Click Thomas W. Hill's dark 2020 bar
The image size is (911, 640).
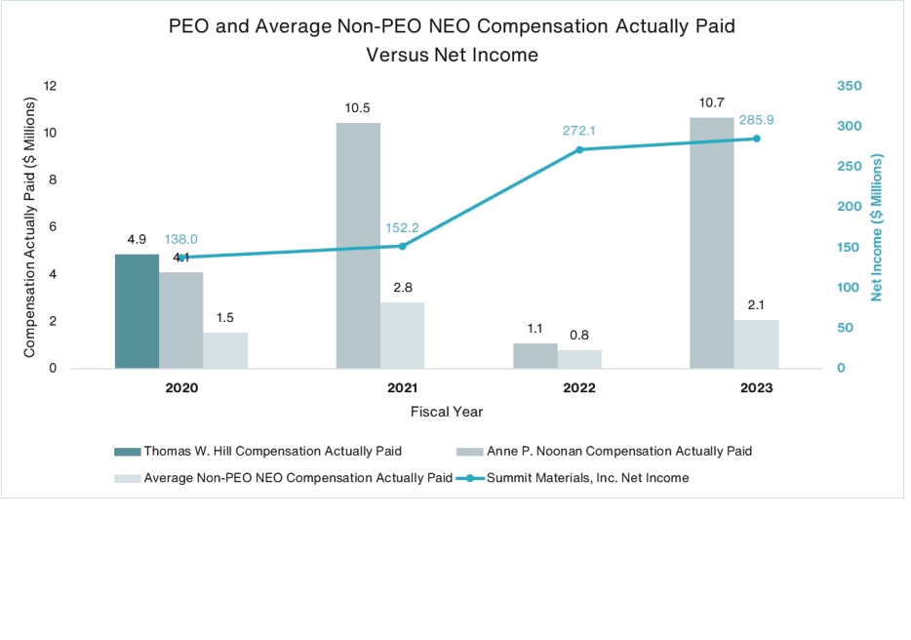coord(137,311)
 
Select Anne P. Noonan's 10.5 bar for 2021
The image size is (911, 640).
coord(358,245)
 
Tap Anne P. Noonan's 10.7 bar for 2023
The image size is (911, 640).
coord(711,243)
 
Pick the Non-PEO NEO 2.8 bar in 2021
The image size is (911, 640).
coord(402,336)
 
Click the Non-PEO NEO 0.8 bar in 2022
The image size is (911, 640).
coord(579,359)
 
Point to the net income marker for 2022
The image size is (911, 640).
coord(579,149)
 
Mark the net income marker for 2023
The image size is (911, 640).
coord(756,139)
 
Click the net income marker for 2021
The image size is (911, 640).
coord(402,246)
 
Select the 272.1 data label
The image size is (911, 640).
coord(579,130)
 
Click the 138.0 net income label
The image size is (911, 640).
coord(180,238)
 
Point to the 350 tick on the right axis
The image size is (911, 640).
coord(850,86)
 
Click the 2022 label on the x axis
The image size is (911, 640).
coord(579,388)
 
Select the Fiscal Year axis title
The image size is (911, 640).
coord(446,412)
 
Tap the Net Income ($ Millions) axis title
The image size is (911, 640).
coord(877,226)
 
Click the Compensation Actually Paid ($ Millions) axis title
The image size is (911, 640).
coord(28,226)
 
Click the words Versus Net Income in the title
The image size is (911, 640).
coord(452,55)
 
